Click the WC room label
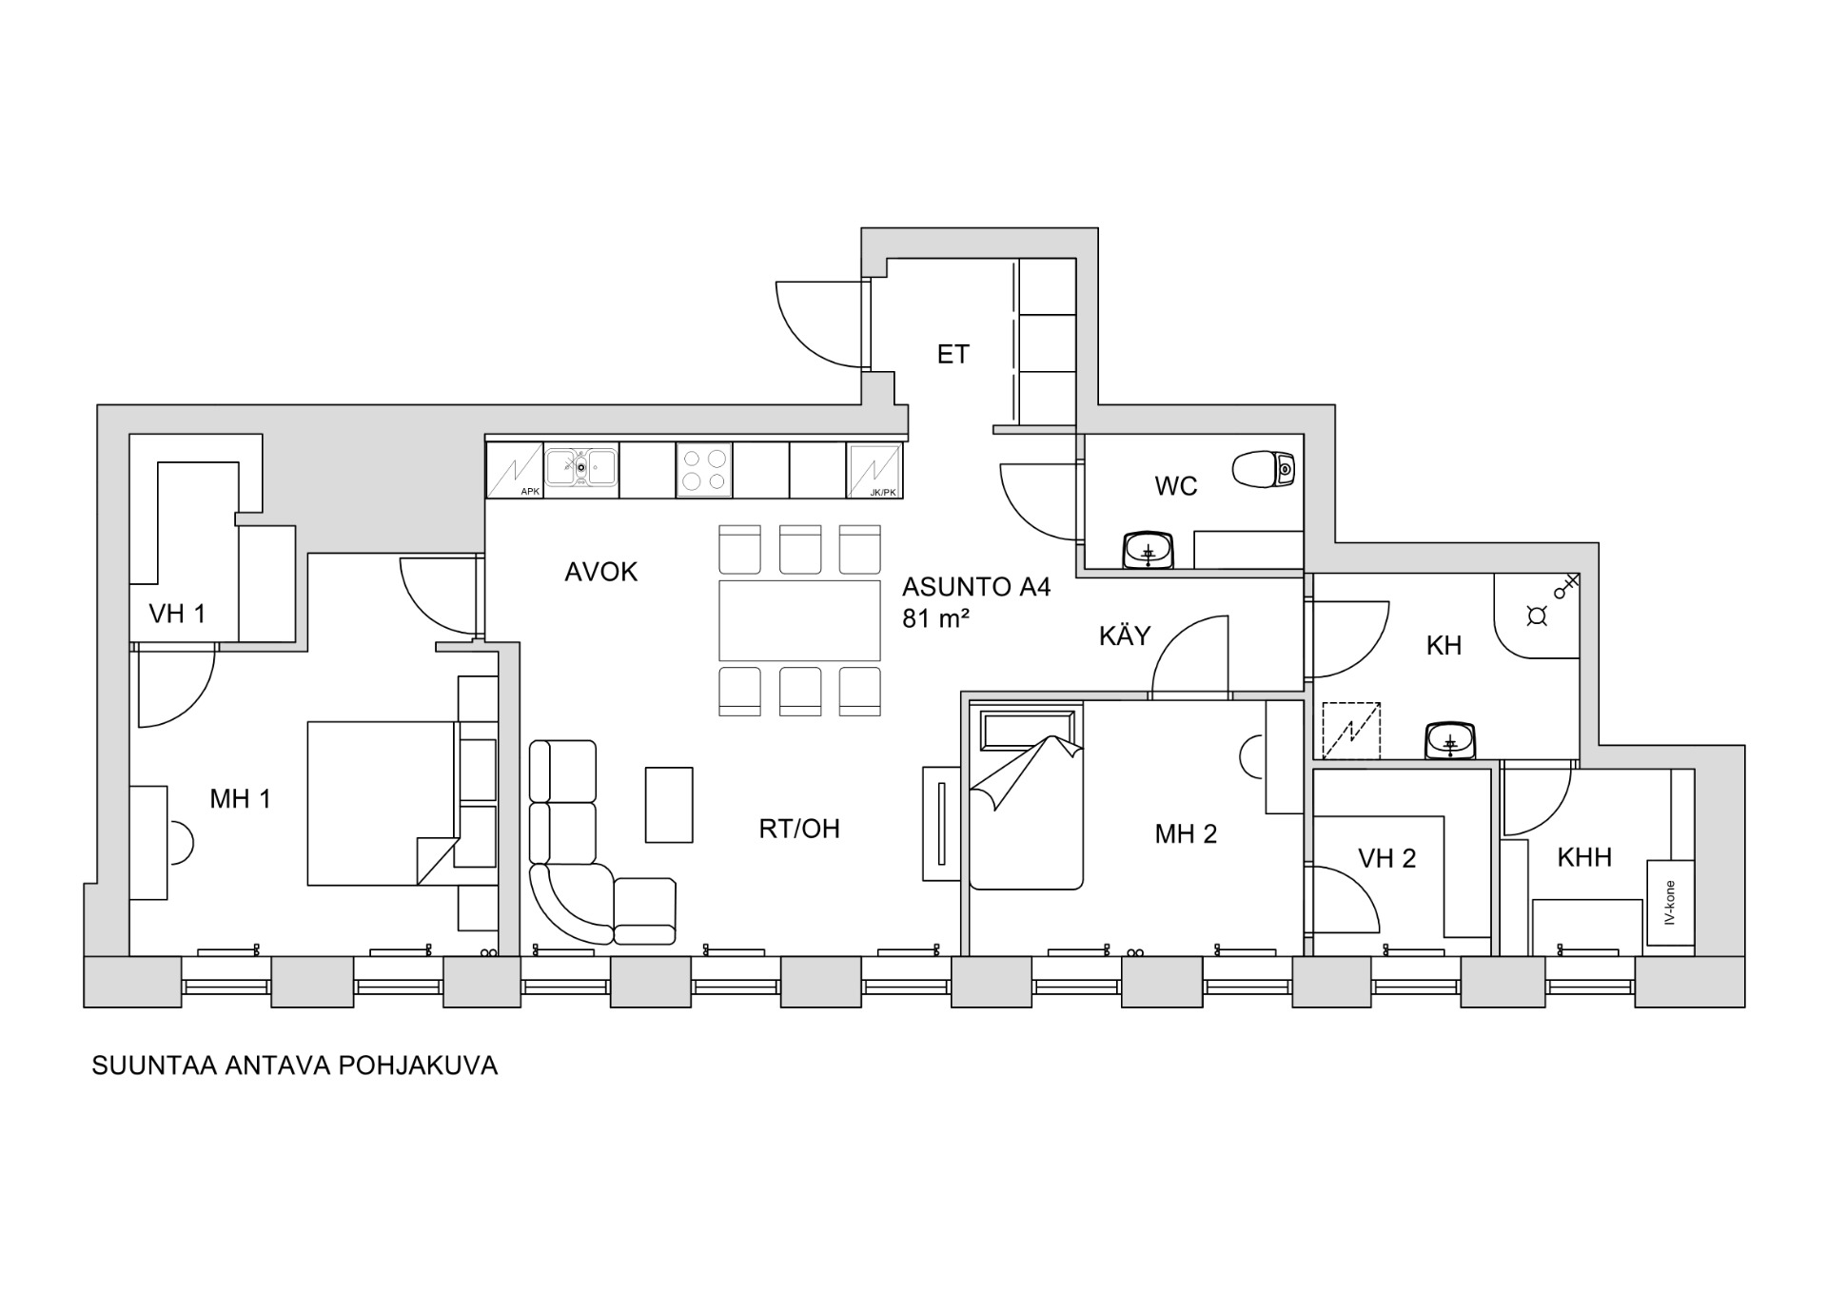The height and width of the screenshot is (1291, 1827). [1175, 486]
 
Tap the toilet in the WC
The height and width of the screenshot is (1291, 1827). [1264, 469]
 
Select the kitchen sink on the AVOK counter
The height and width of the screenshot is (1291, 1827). [580, 467]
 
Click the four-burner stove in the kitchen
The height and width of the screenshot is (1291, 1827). [704, 470]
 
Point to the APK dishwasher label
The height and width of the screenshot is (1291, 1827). [530, 492]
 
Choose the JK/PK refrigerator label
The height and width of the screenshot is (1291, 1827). [882, 492]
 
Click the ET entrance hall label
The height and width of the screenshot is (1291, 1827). [953, 355]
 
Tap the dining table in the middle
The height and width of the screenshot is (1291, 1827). [799, 620]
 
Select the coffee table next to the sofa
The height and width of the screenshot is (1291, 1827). [669, 805]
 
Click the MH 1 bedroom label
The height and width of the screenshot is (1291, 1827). [240, 799]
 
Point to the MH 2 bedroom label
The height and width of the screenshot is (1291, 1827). [1186, 834]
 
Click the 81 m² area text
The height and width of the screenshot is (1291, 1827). [935, 618]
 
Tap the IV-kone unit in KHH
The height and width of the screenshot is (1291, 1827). [1670, 903]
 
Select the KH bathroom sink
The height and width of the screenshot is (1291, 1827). [1449, 740]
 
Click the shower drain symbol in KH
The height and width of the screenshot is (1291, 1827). [1536, 616]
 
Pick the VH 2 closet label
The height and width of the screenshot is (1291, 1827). [1386, 859]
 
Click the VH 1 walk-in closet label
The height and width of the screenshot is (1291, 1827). [177, 614]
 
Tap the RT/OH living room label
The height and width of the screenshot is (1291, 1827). [799, 830]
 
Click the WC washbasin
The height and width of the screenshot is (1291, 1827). [1149, 551]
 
